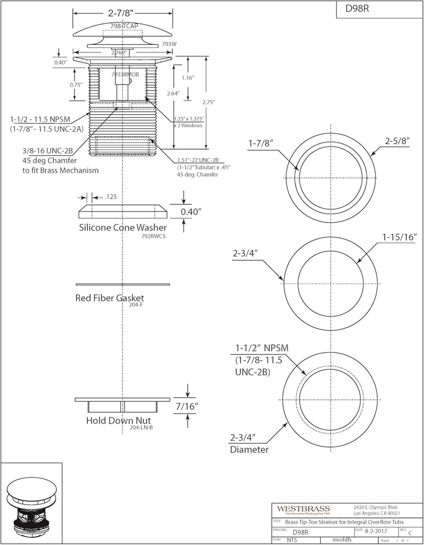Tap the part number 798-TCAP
pos(123,26)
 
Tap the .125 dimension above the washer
pos(110,197)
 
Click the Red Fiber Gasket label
pos(110,298)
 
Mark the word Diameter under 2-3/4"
pos(249,449)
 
